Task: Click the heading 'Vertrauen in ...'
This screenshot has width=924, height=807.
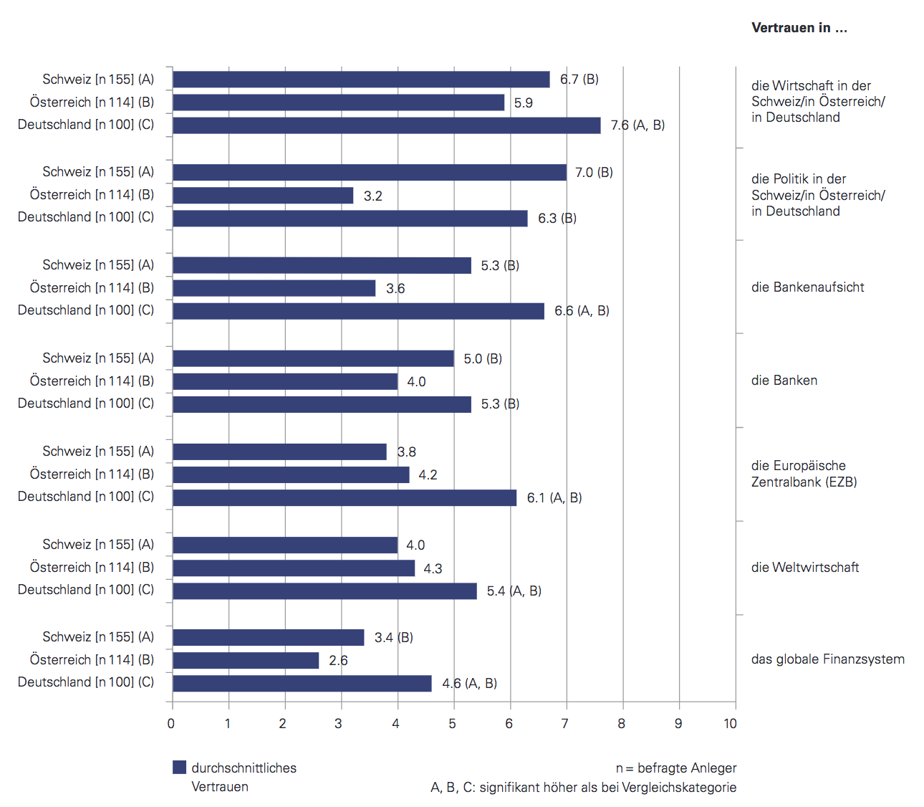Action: pyautogui.click(x=799, y=28)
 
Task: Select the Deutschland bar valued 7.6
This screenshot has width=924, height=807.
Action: pyautogui.click(x=387, y=125)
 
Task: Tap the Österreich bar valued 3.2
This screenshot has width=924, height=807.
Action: pyautogui.click(x=263, y=196)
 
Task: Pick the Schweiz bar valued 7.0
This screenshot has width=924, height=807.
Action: pyautogui.click(x=370, y=173)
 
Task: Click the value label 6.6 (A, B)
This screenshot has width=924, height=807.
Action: pyautogui.click(x=582, y=311)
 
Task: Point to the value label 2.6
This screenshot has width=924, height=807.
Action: pyautogui.click(x=338, y=661)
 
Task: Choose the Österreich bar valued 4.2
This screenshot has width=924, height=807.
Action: pyautogui.click(x=291, y=474)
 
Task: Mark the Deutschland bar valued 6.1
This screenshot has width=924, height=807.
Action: pyautogui.click(x=345, y=497)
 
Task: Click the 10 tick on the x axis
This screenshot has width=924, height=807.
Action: pyautogui.click(x=730, y=724)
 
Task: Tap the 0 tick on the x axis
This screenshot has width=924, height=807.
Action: pyautogui.click(x=171, y=724)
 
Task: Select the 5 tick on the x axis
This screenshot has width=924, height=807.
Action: pyautogui.click(x=453, y=724)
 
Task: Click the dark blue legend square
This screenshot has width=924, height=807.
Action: pyautogui.click(x=179, y=768)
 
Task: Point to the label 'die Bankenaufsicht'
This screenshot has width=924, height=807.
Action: pyautogui.click(x=807, y=287)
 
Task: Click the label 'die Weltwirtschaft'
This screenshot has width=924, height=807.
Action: pyautogui.click(x=804, y=568)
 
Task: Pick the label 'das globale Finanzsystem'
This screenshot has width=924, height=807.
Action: pyautogui.click(x=827, y=659)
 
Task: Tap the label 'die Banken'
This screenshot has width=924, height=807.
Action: pyautogui.click(x=784, y=381)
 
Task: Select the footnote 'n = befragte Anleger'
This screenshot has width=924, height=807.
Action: pyautogui.click(x=675, y=768)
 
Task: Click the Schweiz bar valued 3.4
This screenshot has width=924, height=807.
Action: pyautogui.click(x=269, y=638)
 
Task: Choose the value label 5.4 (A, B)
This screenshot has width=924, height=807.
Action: pyautogui.click(x=514, y=591)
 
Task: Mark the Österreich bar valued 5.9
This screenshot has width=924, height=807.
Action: pyautogui.click(x=339, y=102)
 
